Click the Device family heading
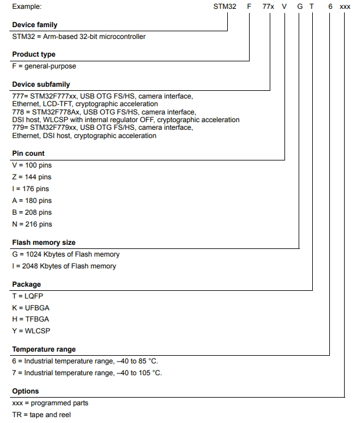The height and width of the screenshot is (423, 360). (x=35, y=25)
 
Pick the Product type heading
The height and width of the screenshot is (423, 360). (x=33, y=54)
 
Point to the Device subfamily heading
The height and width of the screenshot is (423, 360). (x=41, y=84)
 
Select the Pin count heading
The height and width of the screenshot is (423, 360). (x=28, y=153)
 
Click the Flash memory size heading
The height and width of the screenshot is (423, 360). (x=44, y=242)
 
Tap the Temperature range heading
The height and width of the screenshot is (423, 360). (x=44, y=349)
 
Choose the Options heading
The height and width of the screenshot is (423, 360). (x=25, y=391)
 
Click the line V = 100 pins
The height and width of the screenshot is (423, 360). (x=32, y=166)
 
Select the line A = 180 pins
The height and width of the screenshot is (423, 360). (x=32, y=201)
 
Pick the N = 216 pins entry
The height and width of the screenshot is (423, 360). (x=32, y=224)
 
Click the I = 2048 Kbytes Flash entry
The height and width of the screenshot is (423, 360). (x=64, y=266)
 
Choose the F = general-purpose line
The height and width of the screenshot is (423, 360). (x=44, y=66)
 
